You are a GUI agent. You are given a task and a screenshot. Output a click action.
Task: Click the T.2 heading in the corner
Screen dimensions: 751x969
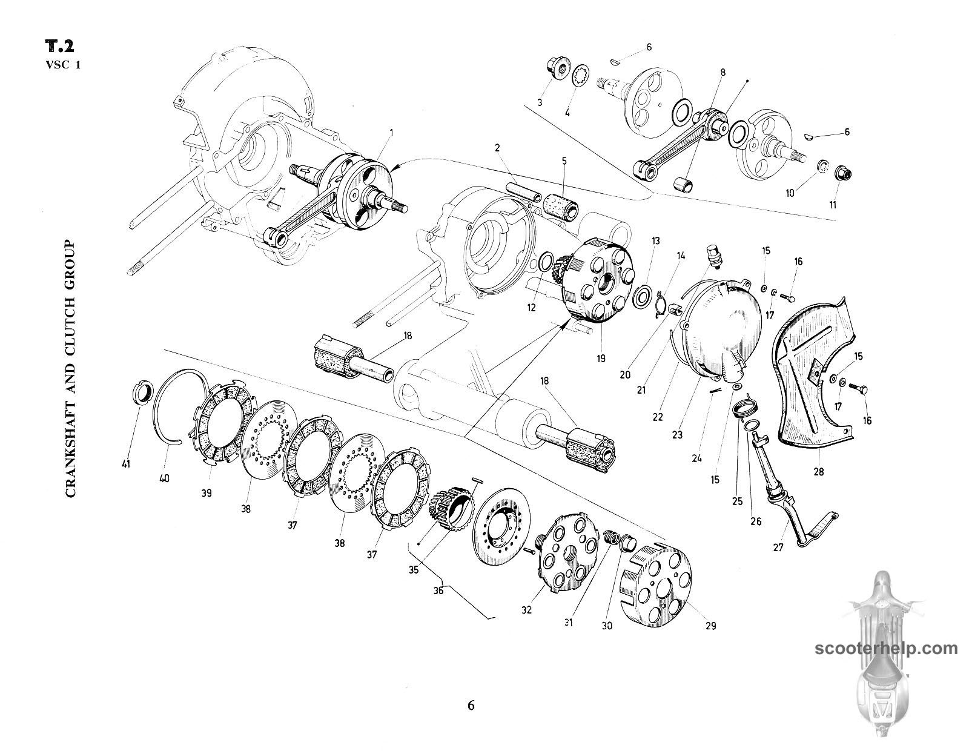point(63,48)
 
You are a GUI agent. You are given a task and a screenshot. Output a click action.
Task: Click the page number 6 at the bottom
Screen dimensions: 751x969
point(471,706)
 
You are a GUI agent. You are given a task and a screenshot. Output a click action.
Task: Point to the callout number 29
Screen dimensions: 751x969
point(710,626)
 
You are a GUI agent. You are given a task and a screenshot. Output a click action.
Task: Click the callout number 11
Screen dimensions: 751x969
point(833,205)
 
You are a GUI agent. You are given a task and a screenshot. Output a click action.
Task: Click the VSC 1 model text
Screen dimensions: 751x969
point(62,65)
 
